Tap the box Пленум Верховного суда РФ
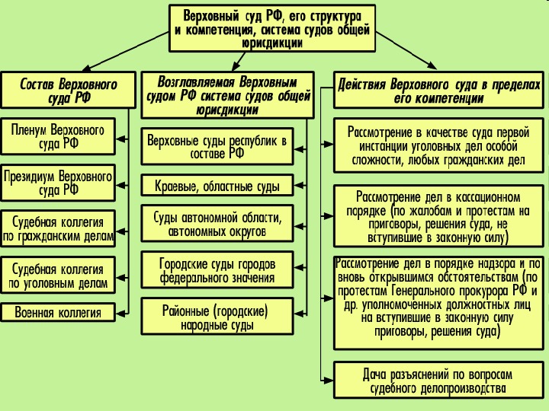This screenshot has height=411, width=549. pyautogui.click(x=58, y=136)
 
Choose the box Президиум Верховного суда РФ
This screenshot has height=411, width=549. pyautogui.click(x=58, y=183)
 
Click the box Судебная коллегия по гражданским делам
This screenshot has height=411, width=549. pyautogui.click(x=58, y=229)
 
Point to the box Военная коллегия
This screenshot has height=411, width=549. pyautogui.click(x=58, y=312)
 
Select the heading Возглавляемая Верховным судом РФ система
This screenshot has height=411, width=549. pyautogui.click(x=228, y=94)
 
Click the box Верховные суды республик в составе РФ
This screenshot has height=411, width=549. pyautogui.click(x=217, y=146)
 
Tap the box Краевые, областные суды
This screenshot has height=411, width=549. pyautogui.click(x=217, y=186)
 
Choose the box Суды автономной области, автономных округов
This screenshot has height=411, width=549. pyautogui.click(x=217, y=223)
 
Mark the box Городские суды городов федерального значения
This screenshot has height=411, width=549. pyautogui.click(x=217, y=270)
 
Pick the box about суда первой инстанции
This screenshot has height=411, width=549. pyautogui.click(x=438, y=145)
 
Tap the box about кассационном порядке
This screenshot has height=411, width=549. pyautogui.click(x=438, y=216)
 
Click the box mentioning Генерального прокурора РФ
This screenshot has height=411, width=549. pyautogui.click(x=438, y=298)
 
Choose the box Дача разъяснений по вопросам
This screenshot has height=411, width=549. pyautogui.click(x=438, y=381)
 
